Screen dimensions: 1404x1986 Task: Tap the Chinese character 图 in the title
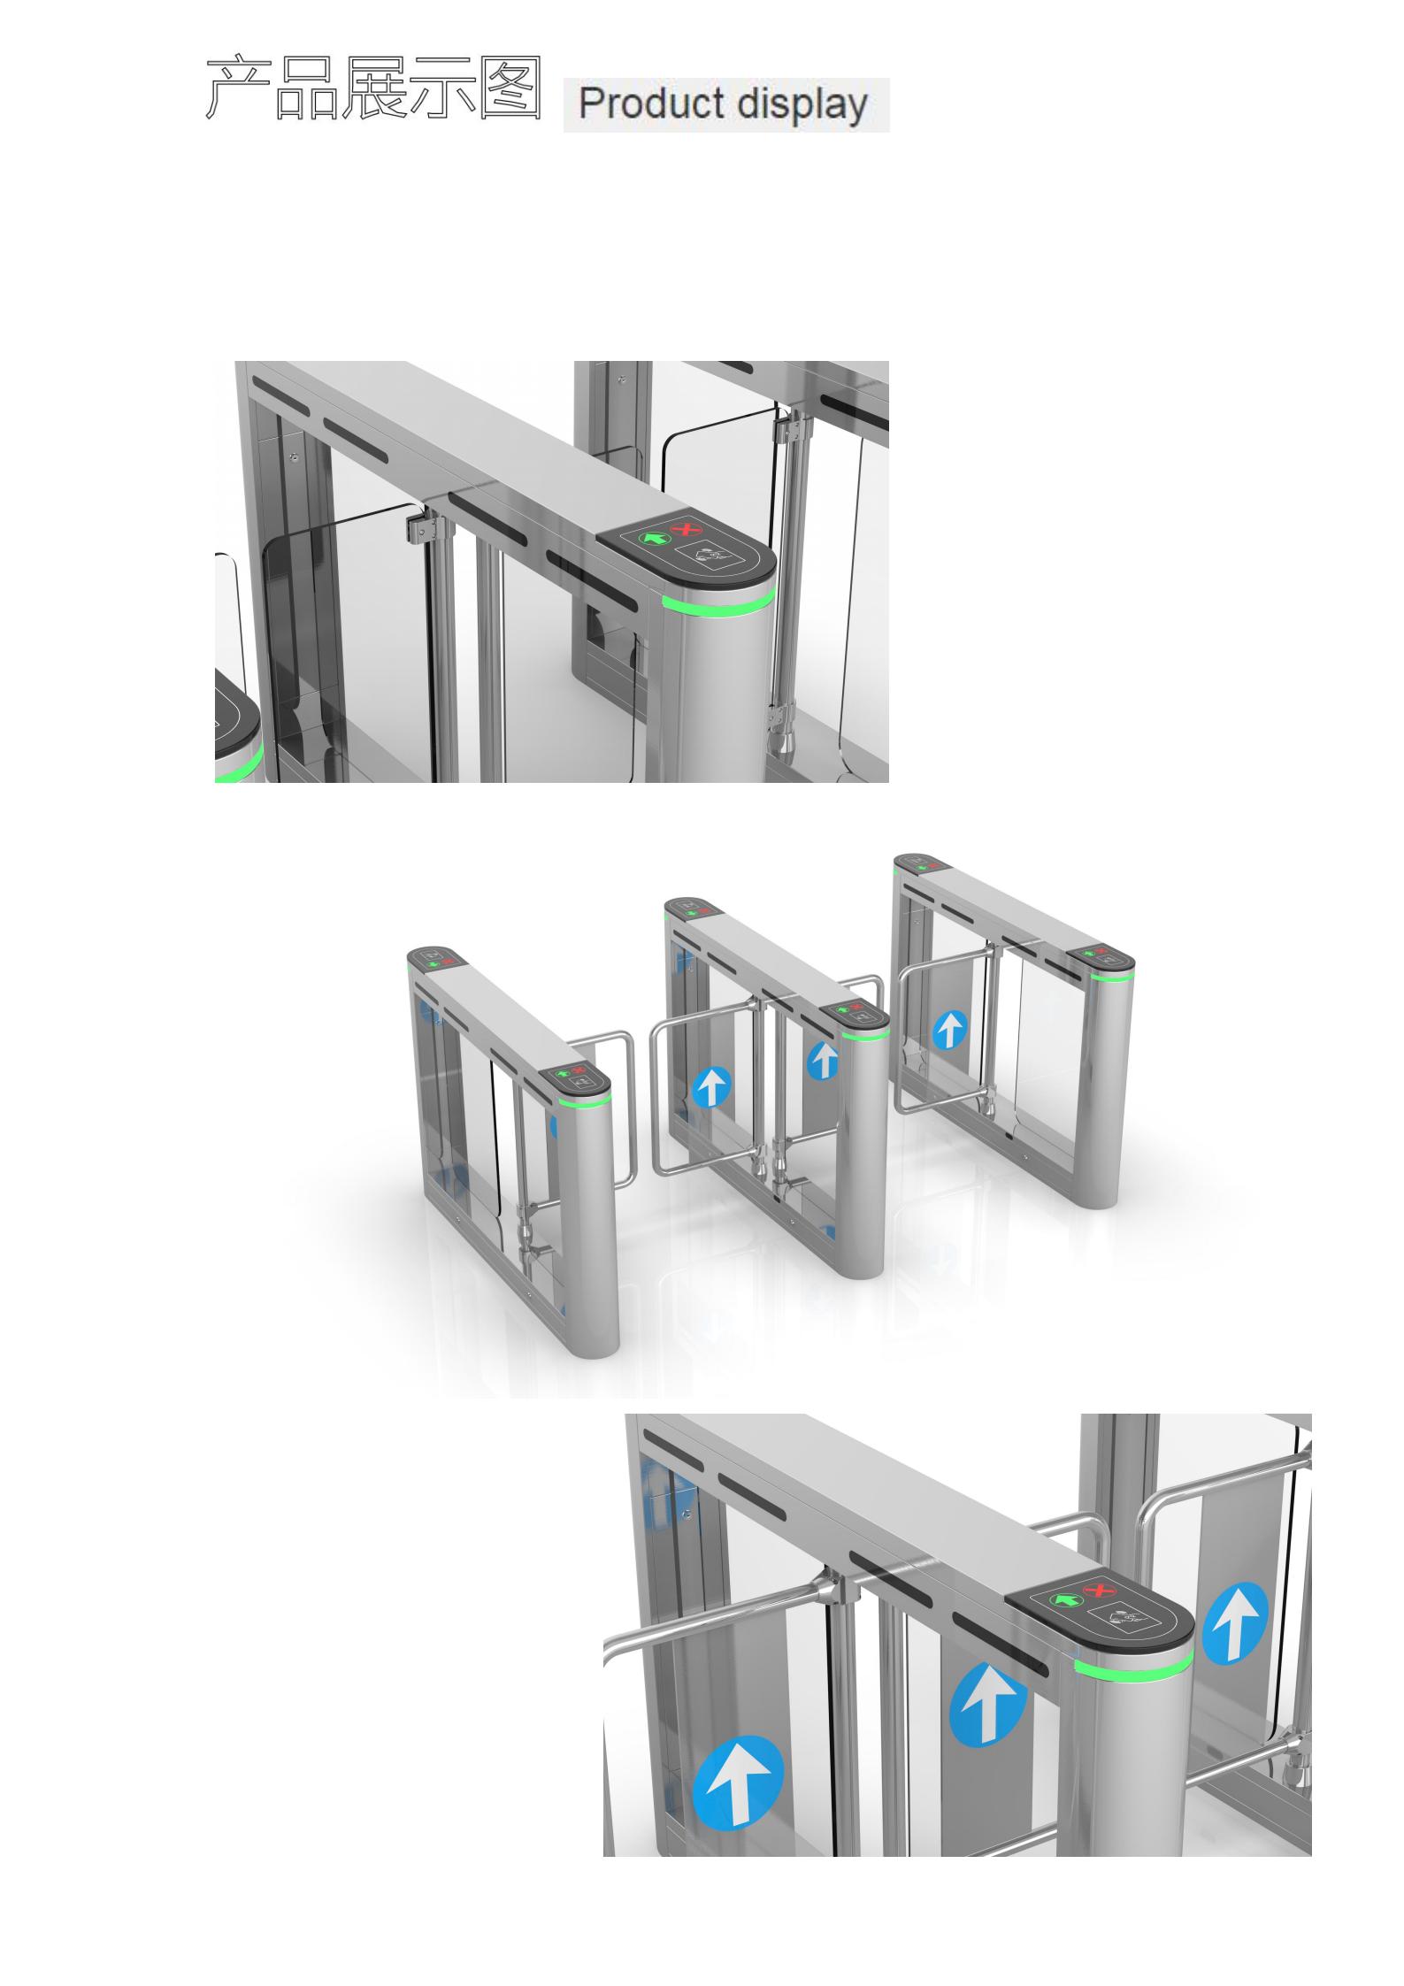click(510, 88)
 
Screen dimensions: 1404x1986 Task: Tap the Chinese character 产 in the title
click(238, 88)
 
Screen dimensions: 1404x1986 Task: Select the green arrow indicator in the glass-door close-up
click(655, 537)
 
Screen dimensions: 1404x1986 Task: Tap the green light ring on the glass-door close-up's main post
click(718, 602)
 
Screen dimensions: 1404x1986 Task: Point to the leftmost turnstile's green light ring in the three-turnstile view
click(585, 1101)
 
